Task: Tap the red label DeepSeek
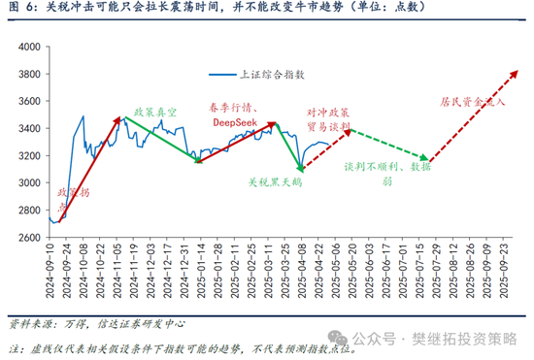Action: [236, 122]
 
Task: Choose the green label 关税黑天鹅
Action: [276, 181]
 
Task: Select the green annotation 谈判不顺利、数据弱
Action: [387, 173]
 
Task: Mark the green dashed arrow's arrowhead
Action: [425, 157]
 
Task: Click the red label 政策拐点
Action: [65, 200]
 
